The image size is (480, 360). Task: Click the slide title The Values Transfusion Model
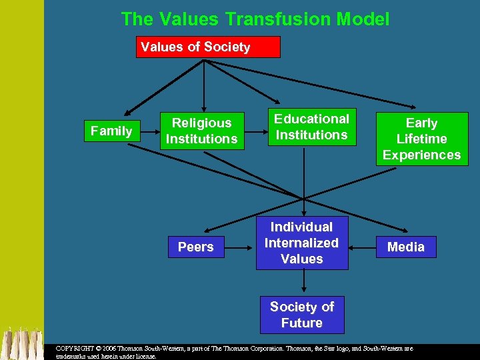tap(255, 19)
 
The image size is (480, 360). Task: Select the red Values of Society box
tap(208, 47)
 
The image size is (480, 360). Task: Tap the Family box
tap(111, 131)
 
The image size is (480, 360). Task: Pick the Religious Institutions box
tap(201, 131)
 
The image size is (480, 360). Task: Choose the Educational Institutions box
tap(311, 127)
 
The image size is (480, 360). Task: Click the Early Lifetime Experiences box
tap(421, 139)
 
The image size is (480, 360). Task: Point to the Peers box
tap(195, 247)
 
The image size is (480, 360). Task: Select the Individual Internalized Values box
tap(301, 243)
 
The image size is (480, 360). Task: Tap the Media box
tap(405, 247)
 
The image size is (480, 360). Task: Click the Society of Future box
tap(301, 315)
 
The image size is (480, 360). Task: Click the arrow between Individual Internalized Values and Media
tap(362, 247)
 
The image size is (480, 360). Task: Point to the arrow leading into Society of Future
tap(303, 283)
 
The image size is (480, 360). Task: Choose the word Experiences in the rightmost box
tap(421, 155)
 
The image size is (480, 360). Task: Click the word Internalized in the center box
tap(301, 243)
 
